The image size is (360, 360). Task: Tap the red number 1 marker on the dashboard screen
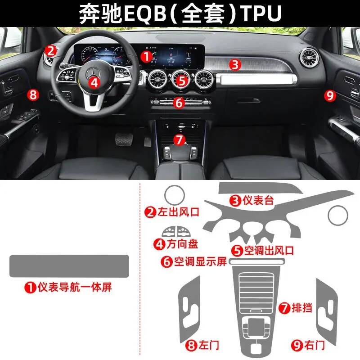[146, 57]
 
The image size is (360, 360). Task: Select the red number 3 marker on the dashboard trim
[235, 64]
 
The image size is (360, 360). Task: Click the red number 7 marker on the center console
[180, 139]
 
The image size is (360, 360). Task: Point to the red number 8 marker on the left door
[33, 94]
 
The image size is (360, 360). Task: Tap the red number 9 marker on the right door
[330, 95]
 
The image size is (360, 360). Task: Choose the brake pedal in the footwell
[124, 139]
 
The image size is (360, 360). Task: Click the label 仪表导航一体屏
[75, 287]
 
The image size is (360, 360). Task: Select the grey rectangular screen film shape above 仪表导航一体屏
[69, 266]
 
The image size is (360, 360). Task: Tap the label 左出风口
[178, 211]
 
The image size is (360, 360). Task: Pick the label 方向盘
[182, 244]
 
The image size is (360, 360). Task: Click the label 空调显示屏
[200, 261]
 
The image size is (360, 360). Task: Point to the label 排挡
[302, 308]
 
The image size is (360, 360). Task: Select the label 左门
[209, 345]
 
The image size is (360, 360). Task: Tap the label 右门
[315, 345]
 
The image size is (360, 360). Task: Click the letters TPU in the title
[262, 13]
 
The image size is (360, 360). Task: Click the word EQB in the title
[145, 13]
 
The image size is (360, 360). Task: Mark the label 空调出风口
[269, 250]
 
